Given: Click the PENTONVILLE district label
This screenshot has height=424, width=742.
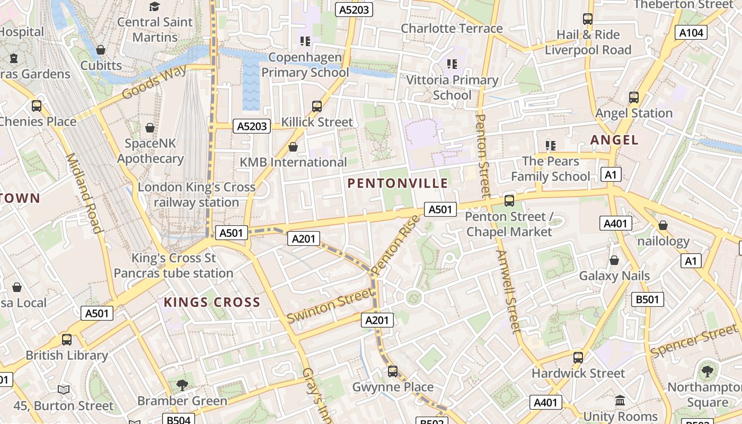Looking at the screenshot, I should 397,183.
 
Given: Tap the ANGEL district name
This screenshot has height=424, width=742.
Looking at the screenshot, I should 614,140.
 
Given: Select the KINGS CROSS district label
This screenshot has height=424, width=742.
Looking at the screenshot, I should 212,302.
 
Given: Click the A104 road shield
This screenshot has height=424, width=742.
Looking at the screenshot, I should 692,33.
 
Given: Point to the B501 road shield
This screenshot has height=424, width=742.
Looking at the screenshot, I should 647,299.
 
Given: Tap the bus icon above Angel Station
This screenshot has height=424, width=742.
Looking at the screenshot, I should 633,98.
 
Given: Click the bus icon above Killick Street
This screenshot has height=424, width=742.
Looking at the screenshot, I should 317,107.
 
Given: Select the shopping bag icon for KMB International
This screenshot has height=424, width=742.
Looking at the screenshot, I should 293,147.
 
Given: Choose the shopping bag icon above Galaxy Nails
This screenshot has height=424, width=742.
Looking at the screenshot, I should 614,260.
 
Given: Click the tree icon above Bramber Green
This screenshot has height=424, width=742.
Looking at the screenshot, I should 182,385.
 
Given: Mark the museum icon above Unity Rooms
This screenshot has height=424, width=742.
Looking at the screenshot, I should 620,401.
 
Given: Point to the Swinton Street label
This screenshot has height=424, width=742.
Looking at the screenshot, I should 330,306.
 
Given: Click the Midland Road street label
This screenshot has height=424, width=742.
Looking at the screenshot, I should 83,193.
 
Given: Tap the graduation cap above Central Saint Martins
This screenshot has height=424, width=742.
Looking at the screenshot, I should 154,6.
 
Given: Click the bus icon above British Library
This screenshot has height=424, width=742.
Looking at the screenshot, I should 67,340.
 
